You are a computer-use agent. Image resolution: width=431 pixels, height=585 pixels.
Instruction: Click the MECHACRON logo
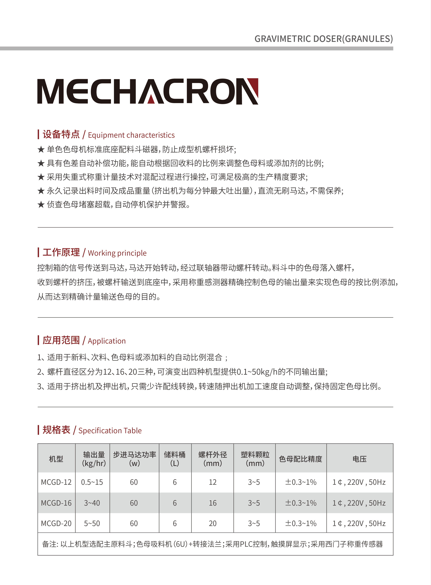click(x=148, y=91)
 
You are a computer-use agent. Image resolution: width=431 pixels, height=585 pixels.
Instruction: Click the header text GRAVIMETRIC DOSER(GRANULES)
click(x=323, y=39)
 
